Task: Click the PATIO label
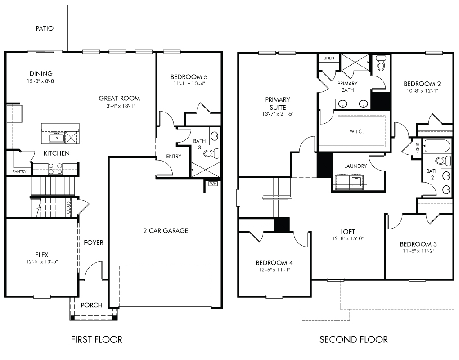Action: (45, 28)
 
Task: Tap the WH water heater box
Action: (212, 184)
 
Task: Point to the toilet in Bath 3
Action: (211, 153)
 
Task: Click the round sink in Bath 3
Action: (215, 136)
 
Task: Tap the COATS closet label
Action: (68, 207)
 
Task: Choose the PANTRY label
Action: (19, 171)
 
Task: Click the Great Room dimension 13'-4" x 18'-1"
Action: (119, 106)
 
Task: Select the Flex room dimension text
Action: (42, 261)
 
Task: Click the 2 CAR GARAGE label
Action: (166, 231)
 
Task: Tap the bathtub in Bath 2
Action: (437, 146)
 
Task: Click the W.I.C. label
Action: (356, 131)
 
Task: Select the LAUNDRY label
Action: (355, 166)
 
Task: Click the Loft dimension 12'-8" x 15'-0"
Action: (347, 238)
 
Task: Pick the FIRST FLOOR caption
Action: (97, 339)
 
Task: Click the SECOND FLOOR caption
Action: (353, 339)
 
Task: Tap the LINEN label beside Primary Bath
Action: (329, 58)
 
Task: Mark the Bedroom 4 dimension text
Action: (274, 270)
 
